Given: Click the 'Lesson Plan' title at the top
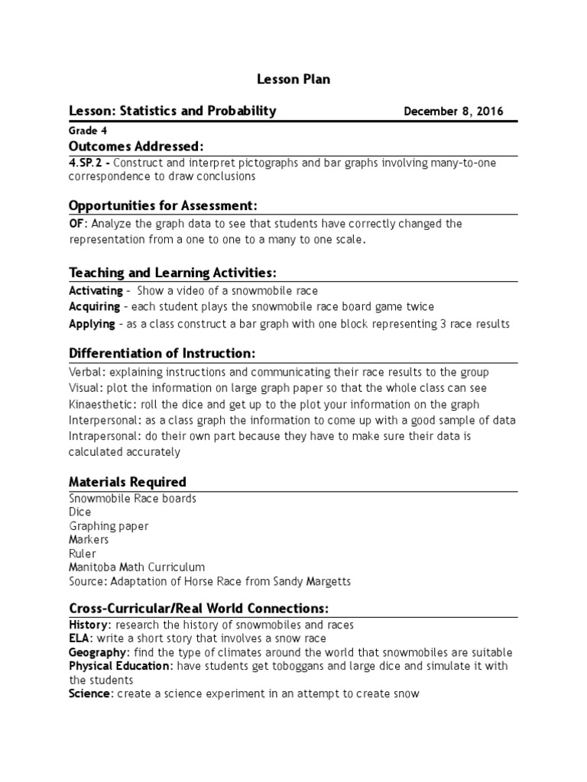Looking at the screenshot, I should pyautogui.click(x=293, y=79).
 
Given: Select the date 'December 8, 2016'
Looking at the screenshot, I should pyautogui.click(x=453, y=111).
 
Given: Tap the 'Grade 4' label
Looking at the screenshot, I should pyautogui.click(x=88, y=131).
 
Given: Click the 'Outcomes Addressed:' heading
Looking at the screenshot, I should pyautogui.click(x=136, y=146).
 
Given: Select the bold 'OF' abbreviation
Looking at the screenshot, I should pyautogui.click(x=77, y=224).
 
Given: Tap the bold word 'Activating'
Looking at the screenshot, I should pyautogui.click(x=96, y=291).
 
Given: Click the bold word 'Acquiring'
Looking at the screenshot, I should pyautogui.click(x=94, y=306).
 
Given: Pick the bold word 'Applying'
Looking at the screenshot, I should pyautogui.click(x=91, y=323).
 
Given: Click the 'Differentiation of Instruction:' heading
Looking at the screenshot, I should pyautogui.click(x=161, y=354).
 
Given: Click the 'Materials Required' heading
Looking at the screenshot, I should pyautogui.click(x=128, y=482).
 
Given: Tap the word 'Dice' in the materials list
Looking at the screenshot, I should pyautogui.click(x=79, y=512).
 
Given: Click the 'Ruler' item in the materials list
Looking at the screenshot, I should pyautogui.click(x=83, y=554).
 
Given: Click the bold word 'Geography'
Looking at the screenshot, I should pyautogui.click(x=98, y=652).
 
